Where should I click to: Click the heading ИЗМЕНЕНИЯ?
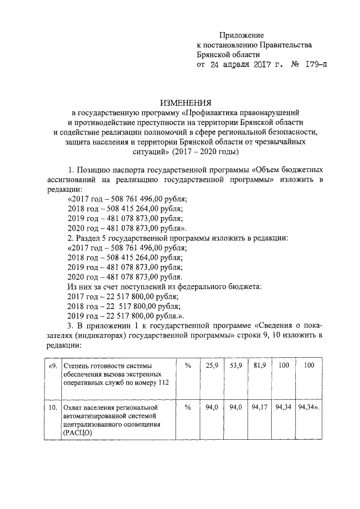click(186, 103)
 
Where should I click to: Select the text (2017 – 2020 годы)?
click(206, 152)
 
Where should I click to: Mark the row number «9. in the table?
click(51, 366)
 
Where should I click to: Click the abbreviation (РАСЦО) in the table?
click(78, 433)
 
